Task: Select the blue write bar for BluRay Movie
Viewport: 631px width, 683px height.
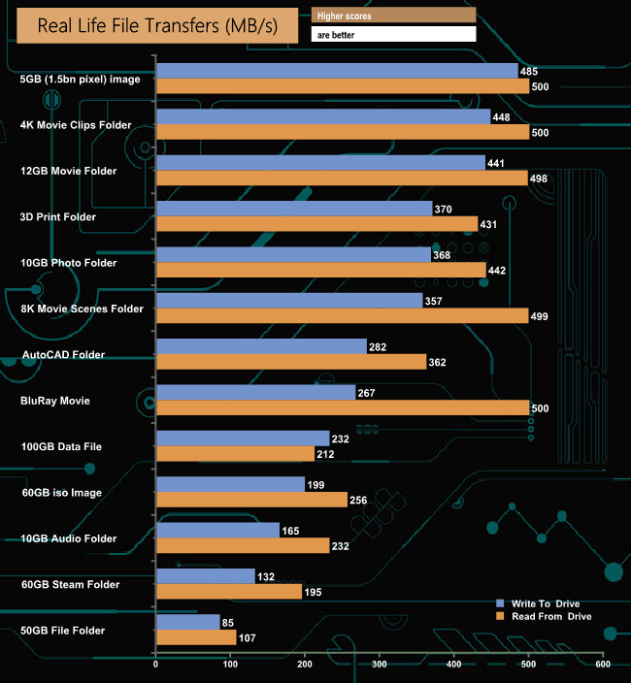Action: (255, 392)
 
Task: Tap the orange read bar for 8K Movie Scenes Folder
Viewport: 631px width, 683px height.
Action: (342, 316)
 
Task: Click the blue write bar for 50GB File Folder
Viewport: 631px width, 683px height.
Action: (187, 622)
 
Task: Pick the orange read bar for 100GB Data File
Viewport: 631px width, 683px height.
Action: (235, 454)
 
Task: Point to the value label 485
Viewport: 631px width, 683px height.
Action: (529, 71)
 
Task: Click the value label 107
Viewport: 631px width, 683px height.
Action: (249, 638)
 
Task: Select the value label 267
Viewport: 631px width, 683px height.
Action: (366, 392)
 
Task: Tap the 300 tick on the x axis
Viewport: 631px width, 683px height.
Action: (379, 666)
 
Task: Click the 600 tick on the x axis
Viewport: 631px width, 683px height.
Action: (602, 666)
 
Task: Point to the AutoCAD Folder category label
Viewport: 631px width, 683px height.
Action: (62, 355)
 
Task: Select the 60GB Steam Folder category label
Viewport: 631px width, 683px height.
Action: (70, 584)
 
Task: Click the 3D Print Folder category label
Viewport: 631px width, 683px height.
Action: (58, 217)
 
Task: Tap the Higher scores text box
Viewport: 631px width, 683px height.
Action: (393, 16)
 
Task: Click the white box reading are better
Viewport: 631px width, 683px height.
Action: (393, 34)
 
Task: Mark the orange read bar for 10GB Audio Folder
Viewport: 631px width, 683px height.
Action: (243, 546)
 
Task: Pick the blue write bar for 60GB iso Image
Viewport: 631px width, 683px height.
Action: (230, 484)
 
